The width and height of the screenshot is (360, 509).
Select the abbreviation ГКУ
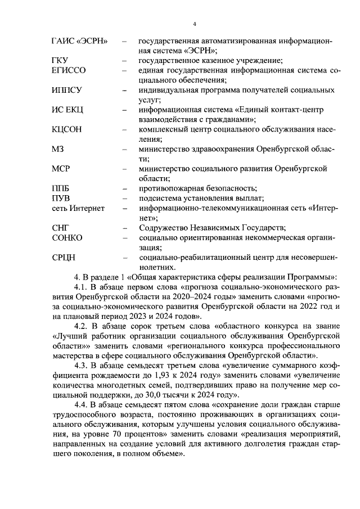tap(60, 61)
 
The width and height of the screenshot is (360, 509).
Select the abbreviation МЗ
tap(57, 149)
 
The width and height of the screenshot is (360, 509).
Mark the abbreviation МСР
tap(60, 169)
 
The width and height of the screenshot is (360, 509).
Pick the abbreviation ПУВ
tap(60, 198)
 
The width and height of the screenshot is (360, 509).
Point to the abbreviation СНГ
tap(60, 228)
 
